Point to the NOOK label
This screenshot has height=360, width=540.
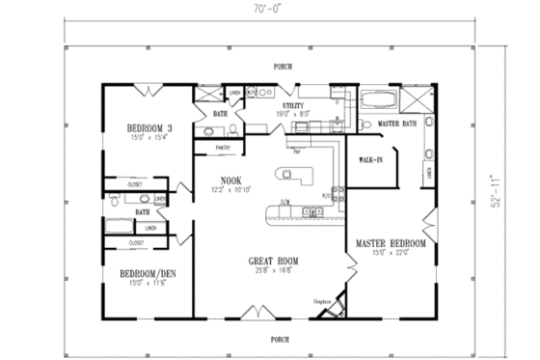[x=229, y=180]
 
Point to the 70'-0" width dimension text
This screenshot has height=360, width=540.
[x=269, y=10]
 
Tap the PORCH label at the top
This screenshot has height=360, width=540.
[x=282, y=68]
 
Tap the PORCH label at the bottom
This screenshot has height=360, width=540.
[x=279, y=337]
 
